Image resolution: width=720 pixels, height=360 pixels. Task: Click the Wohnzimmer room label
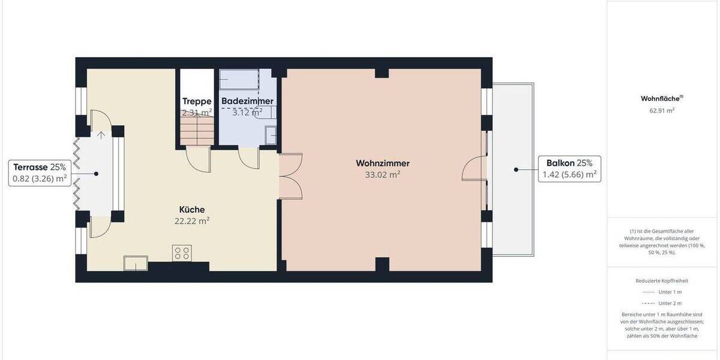coord(382,163)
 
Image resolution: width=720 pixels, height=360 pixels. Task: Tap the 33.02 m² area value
coord(382,175)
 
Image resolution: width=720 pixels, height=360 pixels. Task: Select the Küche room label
coord(192,209)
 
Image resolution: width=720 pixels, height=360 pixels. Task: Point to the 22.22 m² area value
coord(192,221)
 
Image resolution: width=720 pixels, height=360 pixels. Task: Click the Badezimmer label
coord(247,101)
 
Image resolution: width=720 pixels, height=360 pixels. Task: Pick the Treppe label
coord(197,101)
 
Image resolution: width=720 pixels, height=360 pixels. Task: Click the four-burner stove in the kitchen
coord(182,253)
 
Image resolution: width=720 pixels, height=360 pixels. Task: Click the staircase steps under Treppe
coord(197,130)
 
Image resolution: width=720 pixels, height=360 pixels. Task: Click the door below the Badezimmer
coord(248,157)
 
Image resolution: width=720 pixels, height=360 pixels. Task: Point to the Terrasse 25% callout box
coord(39,173)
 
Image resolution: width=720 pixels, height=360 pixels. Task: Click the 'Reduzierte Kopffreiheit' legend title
coord(662,280)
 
